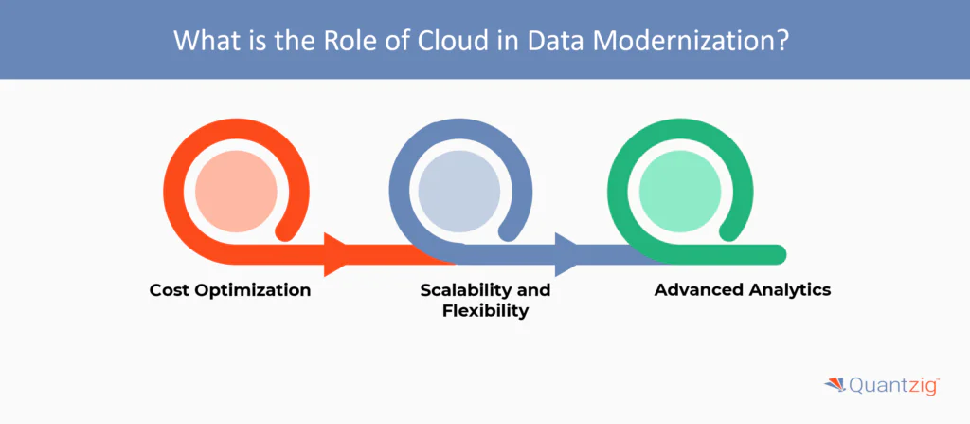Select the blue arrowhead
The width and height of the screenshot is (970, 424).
pyautogui.click(x=566, y=254)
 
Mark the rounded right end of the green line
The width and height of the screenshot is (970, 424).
pyautogui.click(x=779, y=254)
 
